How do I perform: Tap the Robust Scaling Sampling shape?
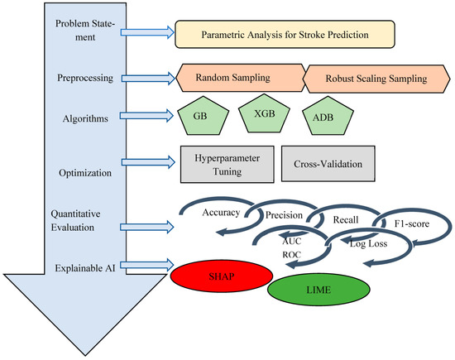point(373,79)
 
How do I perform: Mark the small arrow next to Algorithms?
point(146,116)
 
